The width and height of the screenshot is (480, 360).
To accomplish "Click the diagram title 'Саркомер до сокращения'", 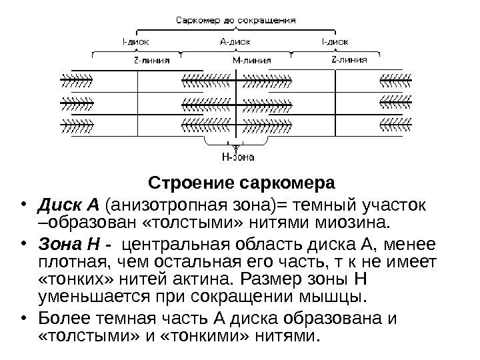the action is click(x=235, y=20).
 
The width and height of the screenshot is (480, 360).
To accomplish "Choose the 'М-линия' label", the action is click(x=251, y=60).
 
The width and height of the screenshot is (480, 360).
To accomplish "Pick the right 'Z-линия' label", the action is click(x=349, y=60).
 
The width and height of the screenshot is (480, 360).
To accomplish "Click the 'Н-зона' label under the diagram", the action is click(x=237, y=158).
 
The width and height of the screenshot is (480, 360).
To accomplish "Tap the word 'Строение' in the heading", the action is click(x=191, y=183).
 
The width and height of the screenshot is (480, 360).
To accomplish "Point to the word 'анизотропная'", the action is click(x=153, y=203).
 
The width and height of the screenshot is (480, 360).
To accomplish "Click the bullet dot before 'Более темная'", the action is click(x=23, y=317).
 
